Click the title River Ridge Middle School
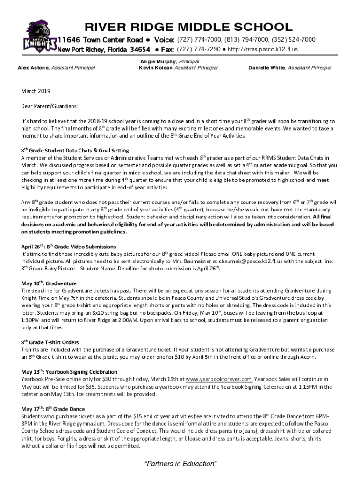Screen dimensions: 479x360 (188, 27)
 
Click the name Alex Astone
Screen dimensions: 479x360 (33, 68)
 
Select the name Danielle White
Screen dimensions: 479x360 (267, 68)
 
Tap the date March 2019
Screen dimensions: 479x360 (36, 91)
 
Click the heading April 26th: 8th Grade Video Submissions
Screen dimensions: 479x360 (69, 246)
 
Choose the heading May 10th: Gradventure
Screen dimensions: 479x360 (49, 283)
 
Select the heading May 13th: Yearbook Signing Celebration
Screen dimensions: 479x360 (69, 372)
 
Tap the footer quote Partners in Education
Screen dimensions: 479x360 (180, 464)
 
